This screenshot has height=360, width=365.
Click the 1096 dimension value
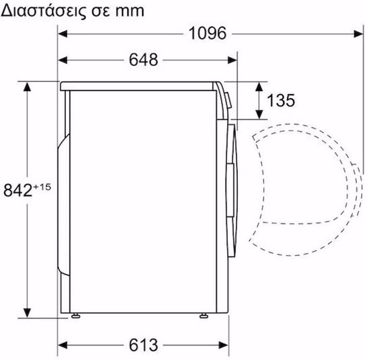pos(208,34)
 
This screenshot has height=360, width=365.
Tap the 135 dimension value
pos(281,100)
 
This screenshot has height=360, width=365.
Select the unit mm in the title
pos(129,10)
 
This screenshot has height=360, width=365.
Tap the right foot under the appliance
pos(202,315)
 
